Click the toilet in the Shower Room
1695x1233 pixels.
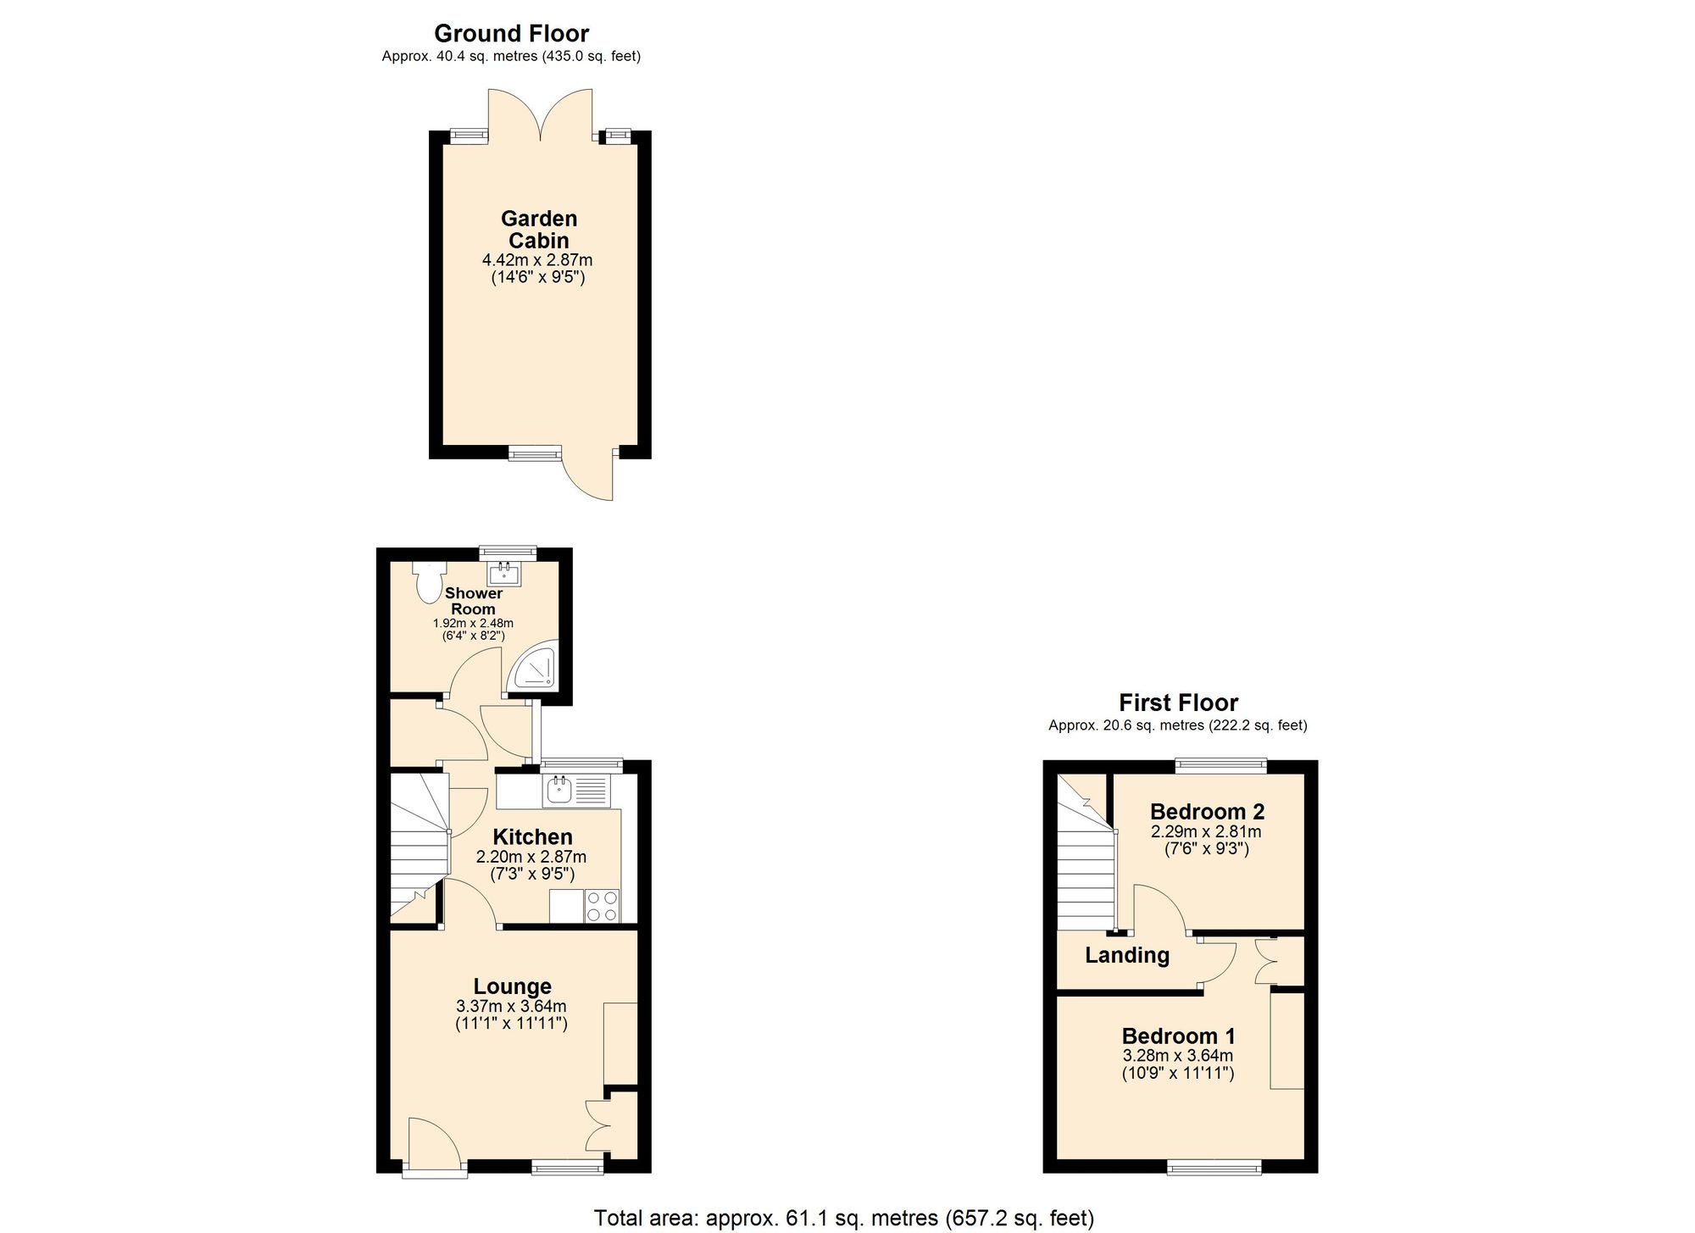coord(430,581)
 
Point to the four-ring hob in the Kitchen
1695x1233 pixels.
coord(602,905)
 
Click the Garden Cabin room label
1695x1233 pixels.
coord(539,230)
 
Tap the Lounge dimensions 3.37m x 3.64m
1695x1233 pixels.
coord(511,1007)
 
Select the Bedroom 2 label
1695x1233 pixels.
coord(1207,811)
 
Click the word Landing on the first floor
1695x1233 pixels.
coord(1127,955)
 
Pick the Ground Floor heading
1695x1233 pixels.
coord(511,33)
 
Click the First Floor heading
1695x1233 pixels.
coord(1178,703)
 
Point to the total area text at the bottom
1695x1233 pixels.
coord(843,1218)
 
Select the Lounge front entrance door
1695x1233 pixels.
coord(433,1146)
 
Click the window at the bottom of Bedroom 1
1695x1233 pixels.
coord(1214,1169)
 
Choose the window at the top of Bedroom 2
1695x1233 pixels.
coord(1221,765)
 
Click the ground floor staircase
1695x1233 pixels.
coord(418,847)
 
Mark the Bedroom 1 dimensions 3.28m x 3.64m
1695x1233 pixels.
coord(1177,1056)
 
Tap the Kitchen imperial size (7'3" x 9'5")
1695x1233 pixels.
coord(532,874)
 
